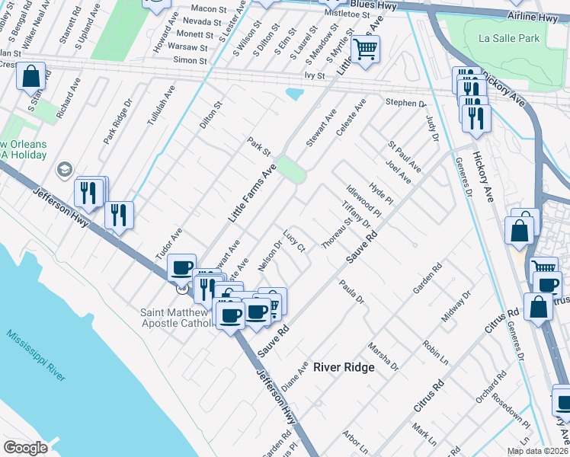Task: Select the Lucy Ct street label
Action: coord(294,243)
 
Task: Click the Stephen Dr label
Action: coord(405,103)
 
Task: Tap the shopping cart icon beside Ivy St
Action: coord(365,50)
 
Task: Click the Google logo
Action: coord(25,447)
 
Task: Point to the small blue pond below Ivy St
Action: coord(293,94)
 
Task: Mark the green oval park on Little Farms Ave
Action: coord(290,169)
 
